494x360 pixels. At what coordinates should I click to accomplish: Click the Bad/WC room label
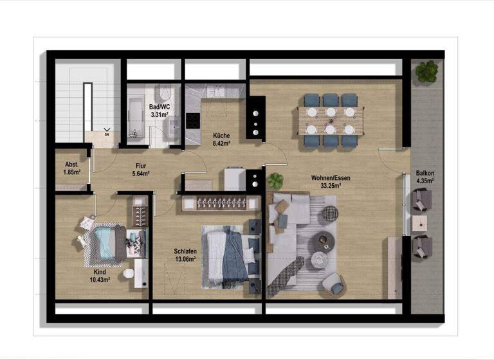click(159, 107)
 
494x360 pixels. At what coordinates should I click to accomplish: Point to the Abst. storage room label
click(71, 164)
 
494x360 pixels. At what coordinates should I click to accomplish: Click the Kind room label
click(100, 272)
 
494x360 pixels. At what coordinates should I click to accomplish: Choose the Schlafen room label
click(185, 251)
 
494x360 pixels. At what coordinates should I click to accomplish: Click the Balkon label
click(425, 174)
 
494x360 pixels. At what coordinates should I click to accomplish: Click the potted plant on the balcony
click(426, 71)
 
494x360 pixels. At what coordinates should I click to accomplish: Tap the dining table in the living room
click(331, 120)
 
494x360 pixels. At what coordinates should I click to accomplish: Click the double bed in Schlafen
click(228, 255)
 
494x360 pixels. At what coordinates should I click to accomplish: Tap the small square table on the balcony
click(420, 223)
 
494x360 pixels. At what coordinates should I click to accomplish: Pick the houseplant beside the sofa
click(276, 181)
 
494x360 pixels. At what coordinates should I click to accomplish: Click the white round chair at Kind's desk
click(128, 274)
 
